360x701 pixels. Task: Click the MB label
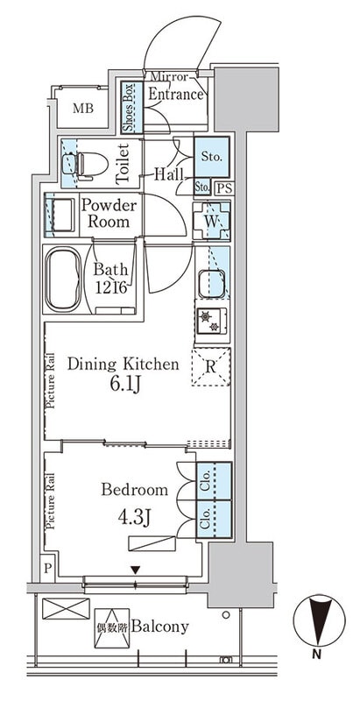click(83, 108)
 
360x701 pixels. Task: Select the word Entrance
click(175, 95)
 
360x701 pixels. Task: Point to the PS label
click(226, 188)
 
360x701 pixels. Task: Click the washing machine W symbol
click(212, 221)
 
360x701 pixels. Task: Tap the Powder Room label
click(109, 214)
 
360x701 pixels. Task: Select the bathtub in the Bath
click(63, 280)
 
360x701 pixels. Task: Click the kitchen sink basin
click(212, 283)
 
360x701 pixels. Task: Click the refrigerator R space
click(211, 366)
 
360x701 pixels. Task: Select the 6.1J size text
click(123, 385)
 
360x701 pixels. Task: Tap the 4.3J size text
click(133, 518)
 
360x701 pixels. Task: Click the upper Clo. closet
click(214, 481)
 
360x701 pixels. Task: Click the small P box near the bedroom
click(47, 568)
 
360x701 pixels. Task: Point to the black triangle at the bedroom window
click(136, 570)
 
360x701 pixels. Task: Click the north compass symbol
click(319, 620)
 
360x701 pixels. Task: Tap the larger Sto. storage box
click(212, 158)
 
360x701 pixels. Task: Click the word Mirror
click(169, 77)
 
